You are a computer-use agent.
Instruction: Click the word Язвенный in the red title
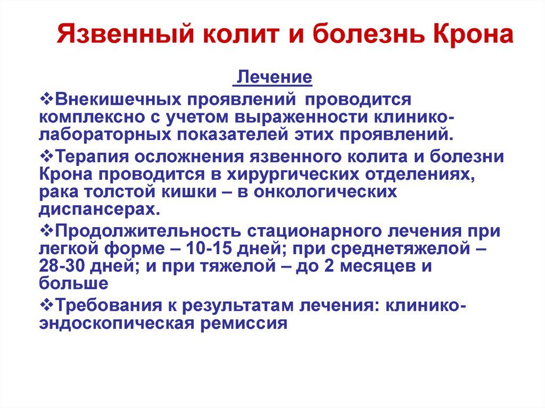[x=125, y=34]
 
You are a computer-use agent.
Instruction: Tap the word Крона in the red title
[x=473, y=34]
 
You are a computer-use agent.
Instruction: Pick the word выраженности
[x=301, y=118]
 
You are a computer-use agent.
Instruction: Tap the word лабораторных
[x=105, y=135]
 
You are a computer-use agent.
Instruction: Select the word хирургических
[x=293, y=174]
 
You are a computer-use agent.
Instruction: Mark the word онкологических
[x=325, y=192]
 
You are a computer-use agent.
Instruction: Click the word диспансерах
[x=100, y=209]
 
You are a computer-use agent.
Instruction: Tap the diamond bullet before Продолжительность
[x=47, y=230]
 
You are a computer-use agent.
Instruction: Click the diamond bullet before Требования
[x=47, y=305]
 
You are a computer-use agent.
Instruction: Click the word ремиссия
[x=244, y=323]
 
